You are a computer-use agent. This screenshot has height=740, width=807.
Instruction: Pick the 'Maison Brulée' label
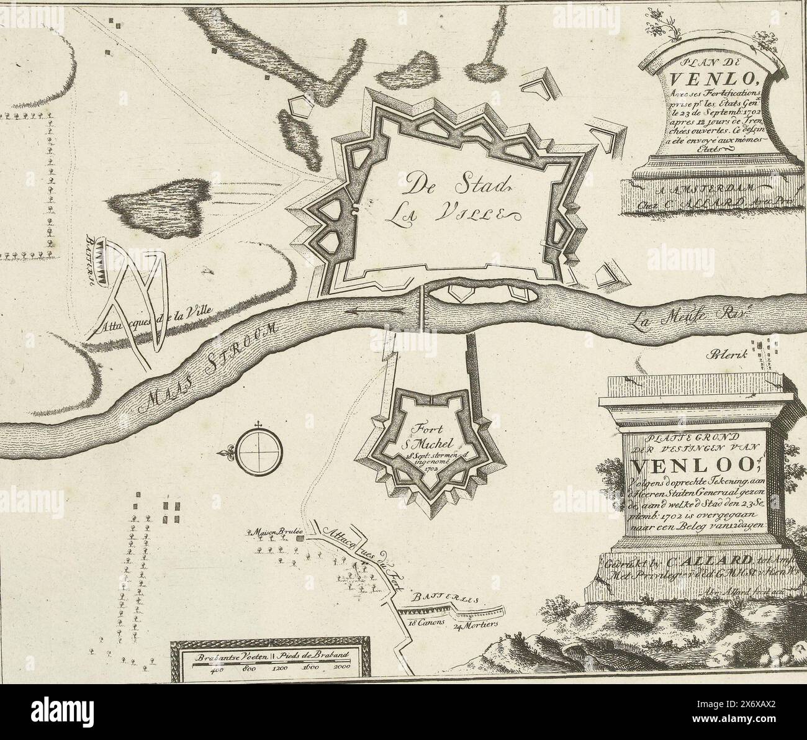tap(274, 532)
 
